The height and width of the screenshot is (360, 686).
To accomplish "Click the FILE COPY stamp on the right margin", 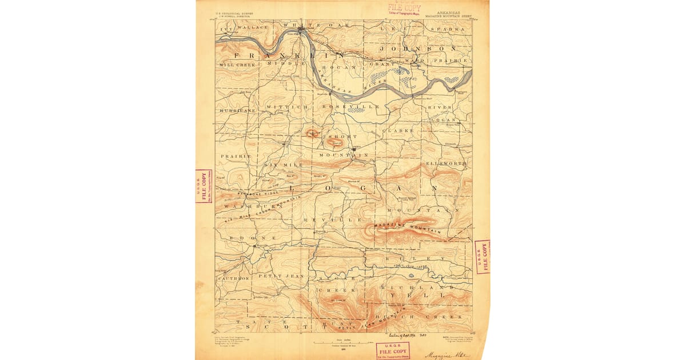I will [x=482, y=257].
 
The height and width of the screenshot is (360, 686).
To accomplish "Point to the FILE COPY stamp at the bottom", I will [x=392, y=350].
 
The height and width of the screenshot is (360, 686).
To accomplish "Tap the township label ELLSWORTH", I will [x=446, y=163].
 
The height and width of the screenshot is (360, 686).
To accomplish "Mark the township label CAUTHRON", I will [x=233, y=278].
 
